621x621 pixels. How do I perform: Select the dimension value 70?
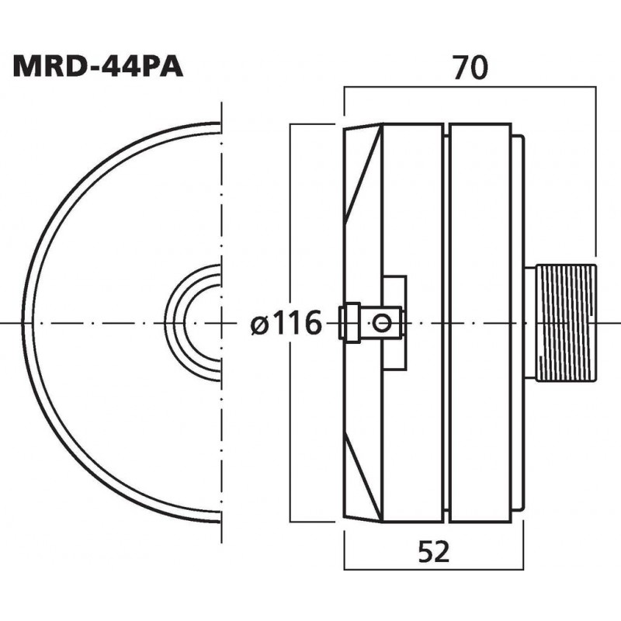tap(470, 68)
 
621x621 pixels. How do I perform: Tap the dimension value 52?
tap(433, 553)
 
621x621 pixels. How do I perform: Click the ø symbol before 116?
tap(260, 324)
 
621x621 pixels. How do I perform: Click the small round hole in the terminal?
tap(380, 322)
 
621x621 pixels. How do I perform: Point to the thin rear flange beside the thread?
tap(518, 194)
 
